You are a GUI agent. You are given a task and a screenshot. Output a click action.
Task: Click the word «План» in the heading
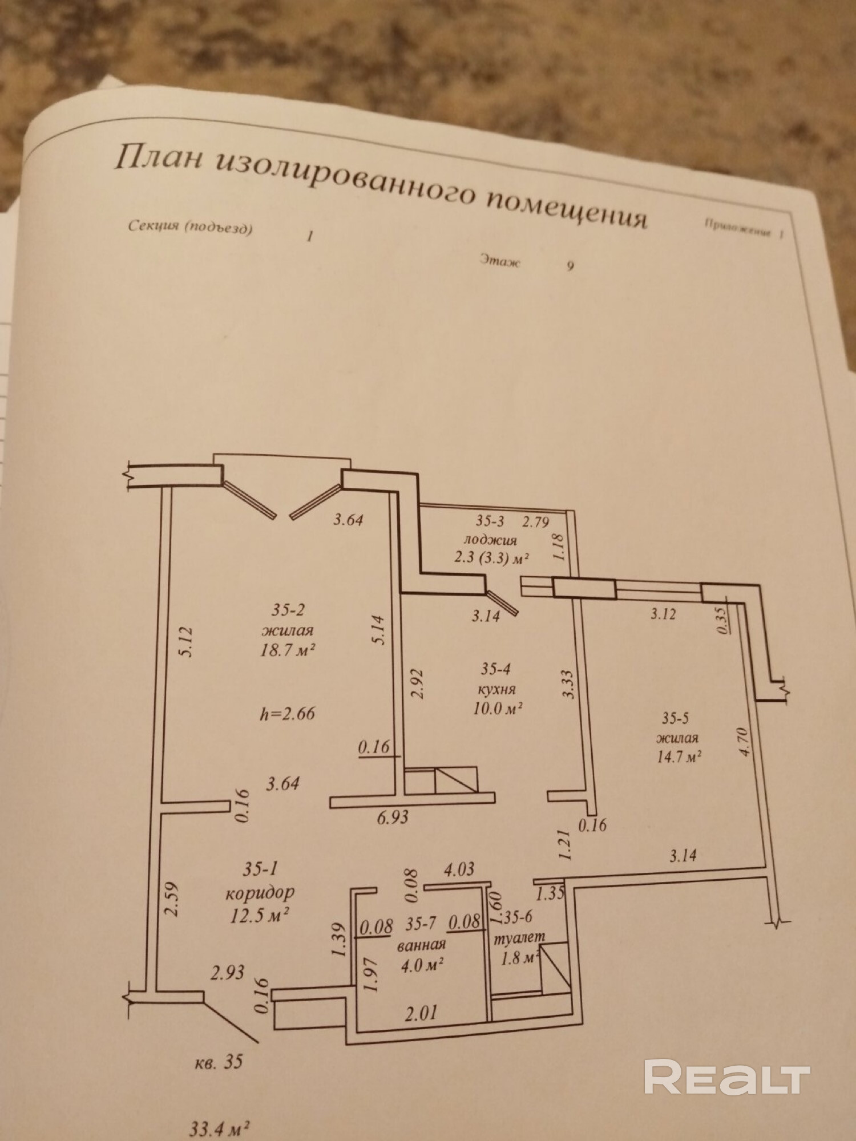tap(158, 159)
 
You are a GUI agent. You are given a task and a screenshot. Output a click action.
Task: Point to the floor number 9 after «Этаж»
tap(570, 266)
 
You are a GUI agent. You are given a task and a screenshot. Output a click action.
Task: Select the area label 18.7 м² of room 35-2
tap(289, 650)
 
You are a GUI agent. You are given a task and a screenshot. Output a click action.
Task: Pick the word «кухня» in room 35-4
tap(498, 689)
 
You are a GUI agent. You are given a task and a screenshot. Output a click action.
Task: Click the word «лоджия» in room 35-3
tap(490, 540)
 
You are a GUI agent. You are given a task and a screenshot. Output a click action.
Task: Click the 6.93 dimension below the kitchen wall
tap(393, 818)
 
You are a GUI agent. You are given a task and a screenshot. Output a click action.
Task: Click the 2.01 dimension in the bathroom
tap(421, 1013)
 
